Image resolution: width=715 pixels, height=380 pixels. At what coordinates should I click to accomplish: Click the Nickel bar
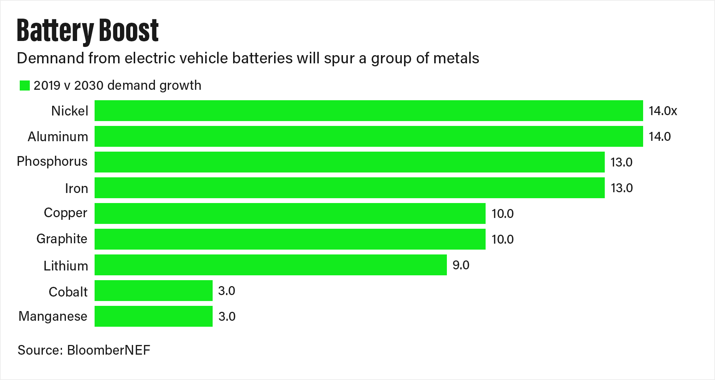369,111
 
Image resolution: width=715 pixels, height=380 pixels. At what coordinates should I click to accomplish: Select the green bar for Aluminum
369,136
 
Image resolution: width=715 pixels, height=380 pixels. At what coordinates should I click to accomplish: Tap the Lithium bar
270,265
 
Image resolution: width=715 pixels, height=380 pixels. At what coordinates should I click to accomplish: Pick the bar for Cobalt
153,291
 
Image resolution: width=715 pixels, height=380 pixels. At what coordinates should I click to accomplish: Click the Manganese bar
153,316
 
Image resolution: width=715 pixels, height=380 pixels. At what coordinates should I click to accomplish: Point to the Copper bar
290,213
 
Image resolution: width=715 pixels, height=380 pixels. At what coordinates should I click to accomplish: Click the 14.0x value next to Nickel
662,111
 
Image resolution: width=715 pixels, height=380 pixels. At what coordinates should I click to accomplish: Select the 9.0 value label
461,265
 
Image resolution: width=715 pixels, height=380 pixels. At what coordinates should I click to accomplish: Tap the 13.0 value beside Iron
621,188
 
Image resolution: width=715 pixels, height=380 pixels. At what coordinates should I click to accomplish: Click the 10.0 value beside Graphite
502,239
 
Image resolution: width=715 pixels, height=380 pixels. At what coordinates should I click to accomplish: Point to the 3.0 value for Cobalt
226,291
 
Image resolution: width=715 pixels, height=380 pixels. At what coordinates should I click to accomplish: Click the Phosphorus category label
52,162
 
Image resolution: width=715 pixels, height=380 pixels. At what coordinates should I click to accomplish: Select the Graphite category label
62,239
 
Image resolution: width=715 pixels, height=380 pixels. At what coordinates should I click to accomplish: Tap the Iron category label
76,189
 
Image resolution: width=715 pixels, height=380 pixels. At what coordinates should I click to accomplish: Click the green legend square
25,85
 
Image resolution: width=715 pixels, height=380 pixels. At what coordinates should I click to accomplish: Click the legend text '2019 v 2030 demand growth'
117,85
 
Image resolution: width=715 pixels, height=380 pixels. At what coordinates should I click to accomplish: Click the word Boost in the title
129,31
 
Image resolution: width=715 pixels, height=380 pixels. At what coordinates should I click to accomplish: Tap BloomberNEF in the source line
108,350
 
